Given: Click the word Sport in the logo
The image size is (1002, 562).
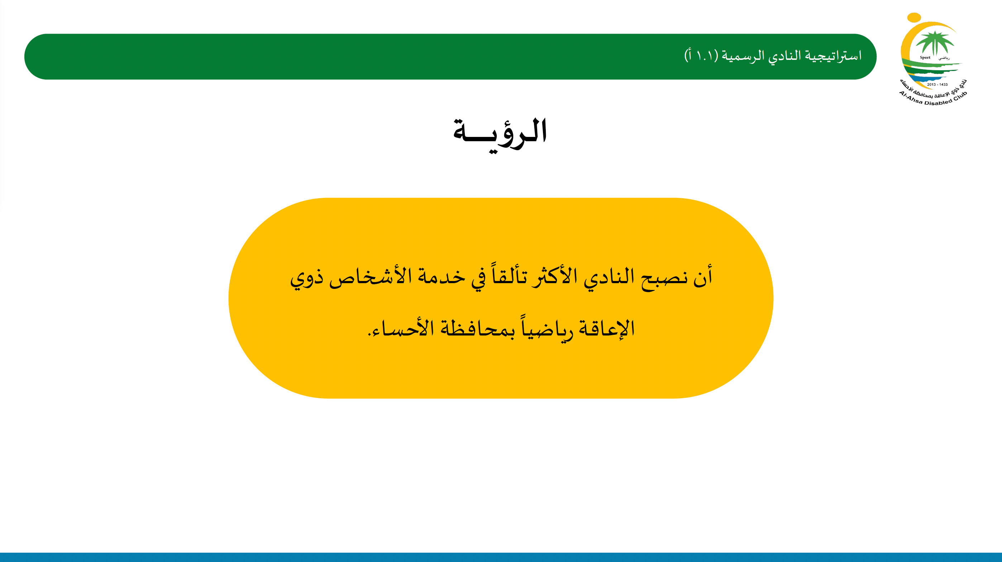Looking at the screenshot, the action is click(x=925, y=58).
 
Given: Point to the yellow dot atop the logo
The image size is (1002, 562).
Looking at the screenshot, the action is click(x=914, y=18).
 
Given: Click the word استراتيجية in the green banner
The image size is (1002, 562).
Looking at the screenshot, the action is click(x=833, y=56).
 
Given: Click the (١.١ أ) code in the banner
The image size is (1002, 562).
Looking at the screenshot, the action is click(x=701, y=56).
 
